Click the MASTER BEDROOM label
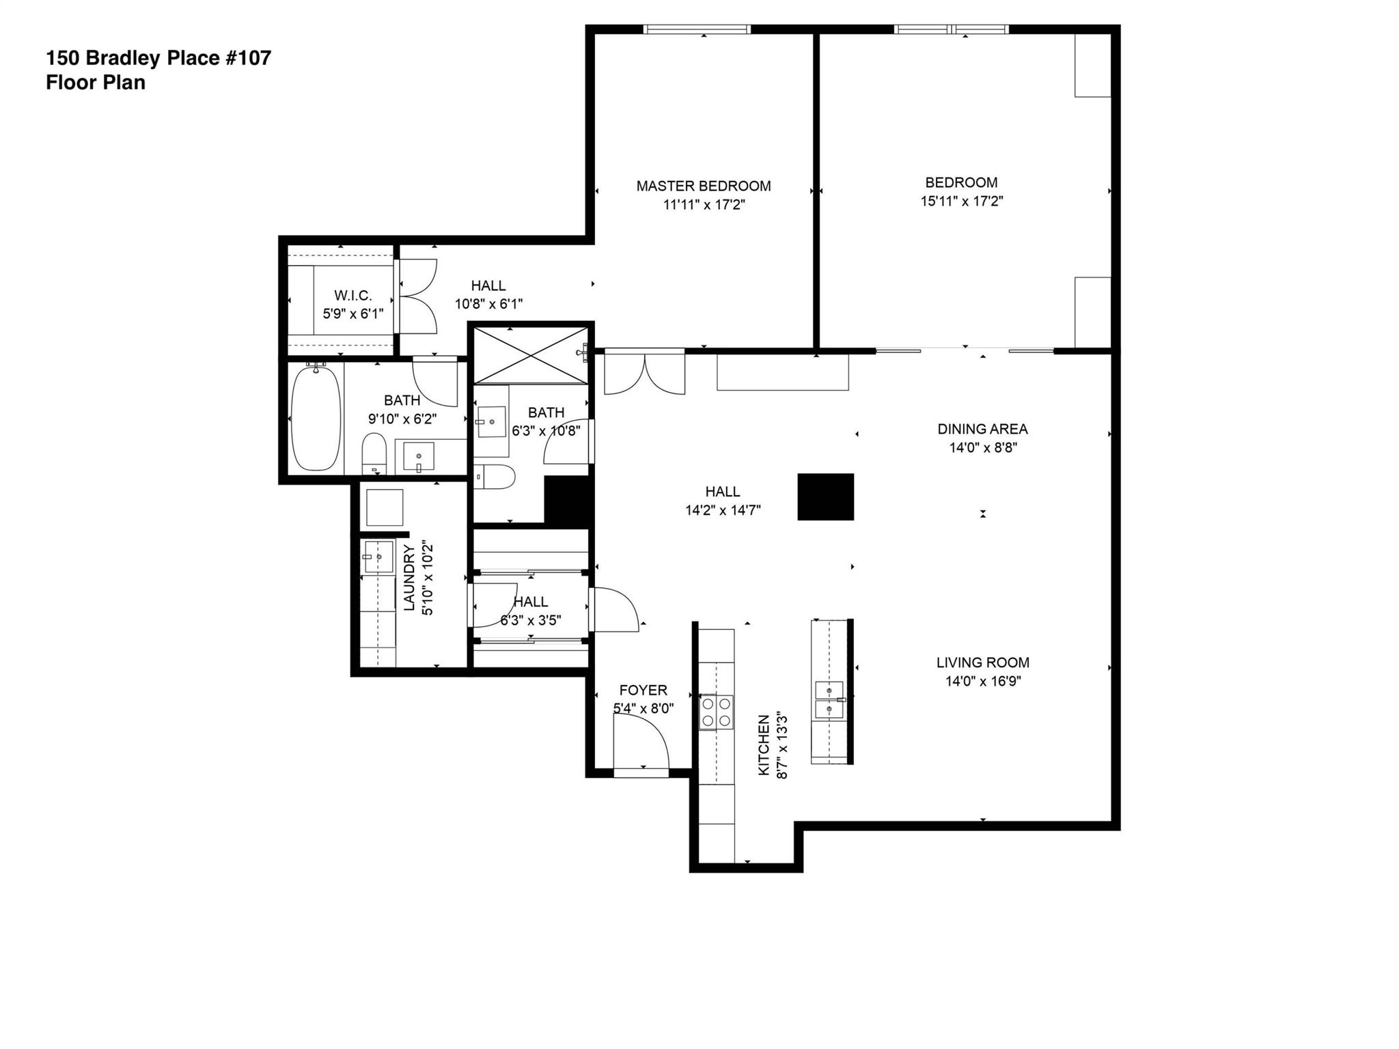pyautogui.click(x=703, y=186)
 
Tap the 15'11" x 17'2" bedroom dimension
pyautogui.click(x=961, y=201)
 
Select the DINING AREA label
pyautogui.click(x=982, y=429)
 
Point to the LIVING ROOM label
pyautogui.click(x=982, y=662)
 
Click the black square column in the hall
pyautogui.click(x=825, y=496)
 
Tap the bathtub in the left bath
pyautogui.click(x=316, y=417)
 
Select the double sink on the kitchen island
pyautogui.click(x=829, y=700)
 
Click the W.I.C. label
pyautogui.click(x=353, y=296)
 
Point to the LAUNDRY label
pyautogui.click(x=409, y=577)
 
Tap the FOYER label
pyautogui.click(x=643, y=690)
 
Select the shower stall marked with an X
pyautogui.click(x=530, y=354)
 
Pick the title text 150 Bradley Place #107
pyautogui.click(x=158, y=58)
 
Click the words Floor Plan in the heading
pyautogui.click(x=95, y=83)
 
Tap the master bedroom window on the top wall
pyautogui.click(x=697, y=29)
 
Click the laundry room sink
pyautogui.click(x=378, y=557)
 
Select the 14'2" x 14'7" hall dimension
pyautogui.click(x=722, y=510)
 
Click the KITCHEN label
pyautogui.click(x=764, y=745)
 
